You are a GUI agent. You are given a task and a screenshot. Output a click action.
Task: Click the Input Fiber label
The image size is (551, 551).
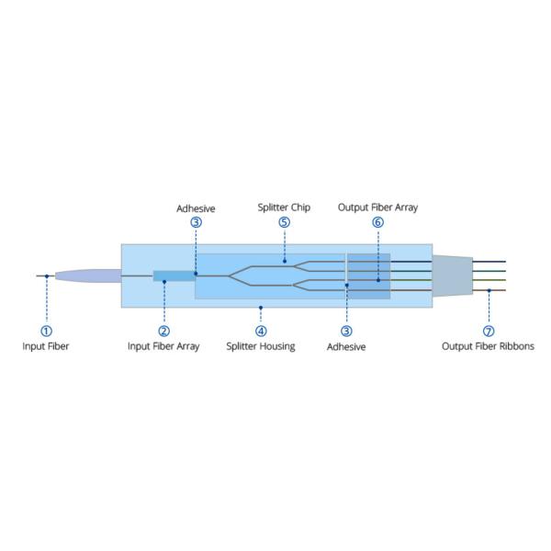(46, 346)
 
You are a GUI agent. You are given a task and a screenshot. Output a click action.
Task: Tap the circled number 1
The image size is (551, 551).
(46, 331)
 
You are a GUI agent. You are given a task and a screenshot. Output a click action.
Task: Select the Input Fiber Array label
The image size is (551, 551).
(163, 346)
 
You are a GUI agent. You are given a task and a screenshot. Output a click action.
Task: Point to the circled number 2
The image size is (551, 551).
(163, 331)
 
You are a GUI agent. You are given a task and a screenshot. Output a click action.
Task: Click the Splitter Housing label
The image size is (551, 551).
(261, 346)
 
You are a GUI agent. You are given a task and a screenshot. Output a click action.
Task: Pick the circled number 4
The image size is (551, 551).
(261, 331)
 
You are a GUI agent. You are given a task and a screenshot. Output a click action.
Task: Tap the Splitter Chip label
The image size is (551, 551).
(284, 208)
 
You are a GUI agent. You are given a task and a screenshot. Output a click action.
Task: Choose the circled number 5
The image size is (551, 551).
(284, 222)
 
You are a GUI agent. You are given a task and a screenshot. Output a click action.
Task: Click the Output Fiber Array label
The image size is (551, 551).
(377, 208)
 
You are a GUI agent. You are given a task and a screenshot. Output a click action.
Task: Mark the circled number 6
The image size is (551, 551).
(377, 222)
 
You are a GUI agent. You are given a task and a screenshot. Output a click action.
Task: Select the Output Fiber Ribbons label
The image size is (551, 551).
(488, 346)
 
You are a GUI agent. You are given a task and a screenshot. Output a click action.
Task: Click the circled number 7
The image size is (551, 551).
(489, 331)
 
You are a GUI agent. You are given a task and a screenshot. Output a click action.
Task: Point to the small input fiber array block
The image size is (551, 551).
(174, 275)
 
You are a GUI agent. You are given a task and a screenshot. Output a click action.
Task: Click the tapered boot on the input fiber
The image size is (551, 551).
(87, 275)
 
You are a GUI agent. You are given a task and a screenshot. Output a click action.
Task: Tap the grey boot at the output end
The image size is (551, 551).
(452, 275)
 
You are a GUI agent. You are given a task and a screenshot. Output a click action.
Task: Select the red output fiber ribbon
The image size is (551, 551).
(491, 290)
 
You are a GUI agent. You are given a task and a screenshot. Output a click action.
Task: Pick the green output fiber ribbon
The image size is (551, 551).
(491, 280)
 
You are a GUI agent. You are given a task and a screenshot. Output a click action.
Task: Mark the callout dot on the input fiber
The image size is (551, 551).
(47, 275)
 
